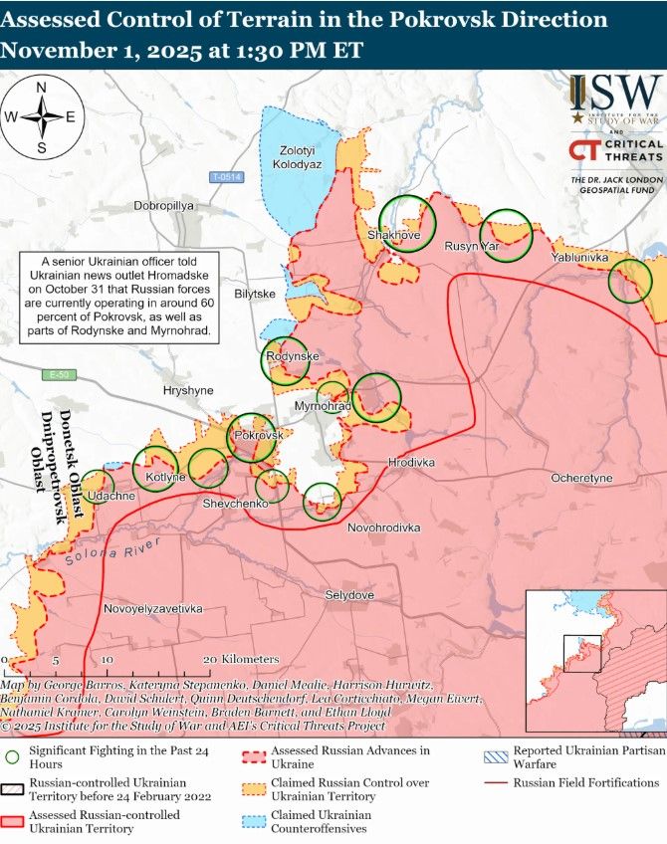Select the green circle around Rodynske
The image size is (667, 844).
[286, 362]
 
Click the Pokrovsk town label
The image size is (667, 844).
[259, 436]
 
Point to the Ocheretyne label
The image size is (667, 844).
[582, 479]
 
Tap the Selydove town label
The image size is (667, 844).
[349, 595]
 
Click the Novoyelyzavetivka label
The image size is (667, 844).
[153, 607]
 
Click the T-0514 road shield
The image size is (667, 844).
[227, 177]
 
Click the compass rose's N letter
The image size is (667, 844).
[42, 88]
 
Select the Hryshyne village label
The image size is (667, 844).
[188, 391]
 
